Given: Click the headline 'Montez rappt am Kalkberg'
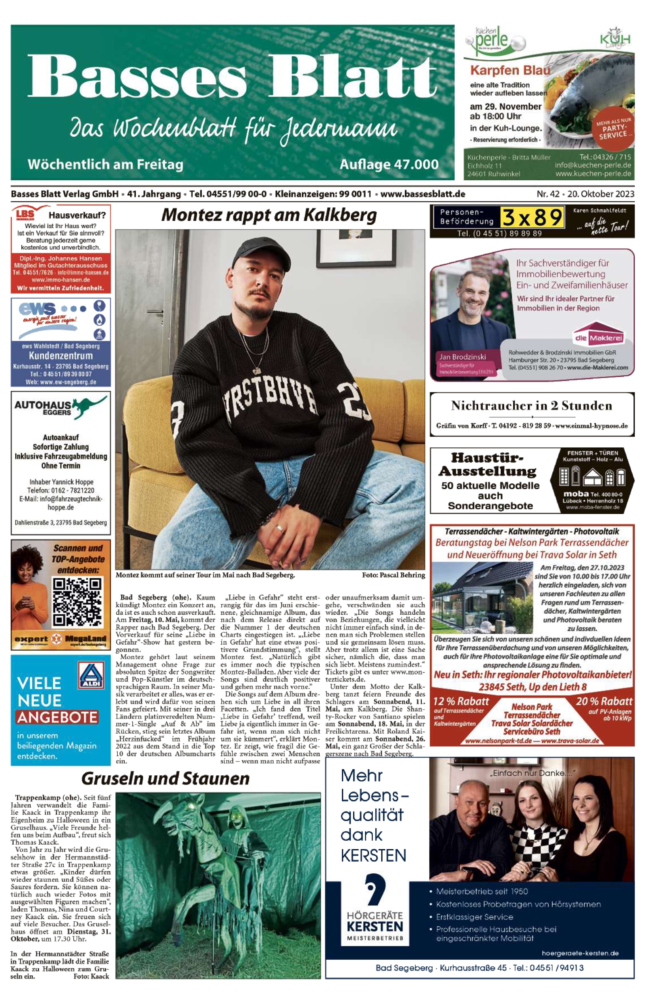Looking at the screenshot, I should click(269, 215).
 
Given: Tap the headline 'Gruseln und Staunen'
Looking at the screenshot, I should click(165, 778).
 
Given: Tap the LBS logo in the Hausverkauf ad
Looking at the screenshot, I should click(25, 215).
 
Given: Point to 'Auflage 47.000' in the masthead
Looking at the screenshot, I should click(389, 164).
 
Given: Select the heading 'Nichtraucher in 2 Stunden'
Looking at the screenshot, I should click(531, 406).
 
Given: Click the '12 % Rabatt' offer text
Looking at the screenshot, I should click(461, 701).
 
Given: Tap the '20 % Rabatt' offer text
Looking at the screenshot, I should click(603, 701).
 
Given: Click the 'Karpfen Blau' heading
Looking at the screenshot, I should click(510, 71).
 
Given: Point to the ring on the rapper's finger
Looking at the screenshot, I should click(279, 528).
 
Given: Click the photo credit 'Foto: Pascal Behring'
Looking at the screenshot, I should click(393, 575).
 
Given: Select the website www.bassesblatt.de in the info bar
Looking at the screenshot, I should click(422, 194).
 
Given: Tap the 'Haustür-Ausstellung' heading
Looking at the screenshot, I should click(487, 464).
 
